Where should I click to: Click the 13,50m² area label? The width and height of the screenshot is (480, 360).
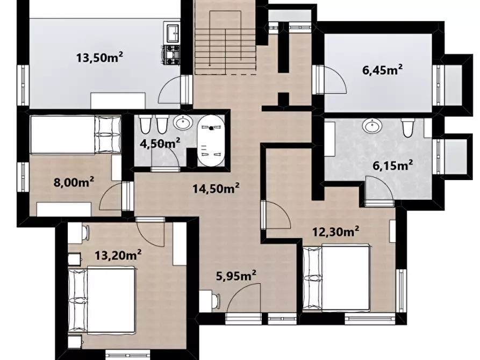point(99,57)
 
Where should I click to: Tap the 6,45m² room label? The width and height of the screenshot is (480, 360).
point(382,70)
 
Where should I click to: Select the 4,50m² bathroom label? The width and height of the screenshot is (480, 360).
point(160,143)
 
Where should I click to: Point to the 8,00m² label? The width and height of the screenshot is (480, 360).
point(74,183)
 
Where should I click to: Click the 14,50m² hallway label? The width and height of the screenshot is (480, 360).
point(216,188)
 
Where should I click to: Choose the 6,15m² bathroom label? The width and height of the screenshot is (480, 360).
point(393,165)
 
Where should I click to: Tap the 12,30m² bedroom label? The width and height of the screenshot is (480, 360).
point(335,232)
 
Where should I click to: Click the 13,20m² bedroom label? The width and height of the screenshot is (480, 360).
point(118,255)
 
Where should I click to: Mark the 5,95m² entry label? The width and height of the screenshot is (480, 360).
point(236,276)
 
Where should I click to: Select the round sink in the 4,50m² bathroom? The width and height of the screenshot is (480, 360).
point(183,123)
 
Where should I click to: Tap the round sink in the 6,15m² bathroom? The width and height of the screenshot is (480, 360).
point(372,126)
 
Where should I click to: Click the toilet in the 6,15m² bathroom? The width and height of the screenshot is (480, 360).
point(407,128)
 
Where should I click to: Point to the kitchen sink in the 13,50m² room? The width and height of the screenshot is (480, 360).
point(173,32)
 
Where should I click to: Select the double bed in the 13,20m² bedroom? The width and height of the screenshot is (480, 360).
point(102,300)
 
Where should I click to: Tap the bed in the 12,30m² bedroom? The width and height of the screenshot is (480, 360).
point(336,278)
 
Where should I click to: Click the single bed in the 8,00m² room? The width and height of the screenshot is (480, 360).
point(75,134)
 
